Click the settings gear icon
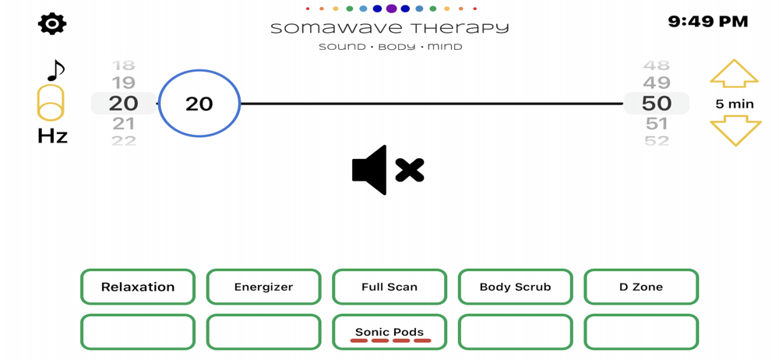pyautogui.click(x=52, y=24)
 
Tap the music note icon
pyautogui.click(x=55, y=71)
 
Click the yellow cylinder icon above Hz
pyautogui.click(x=51, y=104)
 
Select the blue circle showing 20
pyautogui.click(x=199, y=104)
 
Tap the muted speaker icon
pyautogui.click(x=387, y=170)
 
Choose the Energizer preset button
pyautogui.click(x=263, y=287)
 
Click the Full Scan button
pyautogui.click(x=389, y=287)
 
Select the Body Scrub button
pyautogui.click(x=515, y=287)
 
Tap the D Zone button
pyautogui.click(x=641, y=287)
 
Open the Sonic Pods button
pyautogui.click(x=389, y=333)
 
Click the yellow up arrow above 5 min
pyautogui.click(x=734, y=74)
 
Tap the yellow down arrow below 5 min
pyautogui.click(x=735, y=131)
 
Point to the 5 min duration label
pyautogui.click(x=735, y=104)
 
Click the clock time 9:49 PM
pyautogui.click(x=707, y=22)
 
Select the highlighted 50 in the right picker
pyautogui.click(x=657, y=103)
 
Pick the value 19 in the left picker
pyautogui.click(x=123, y=83)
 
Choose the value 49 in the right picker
pyautogui.click(x=657, y=83)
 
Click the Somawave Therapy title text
pyautogui.click(x=389, y=29)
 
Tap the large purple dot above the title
pyautogui.click(x=391, y=9)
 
